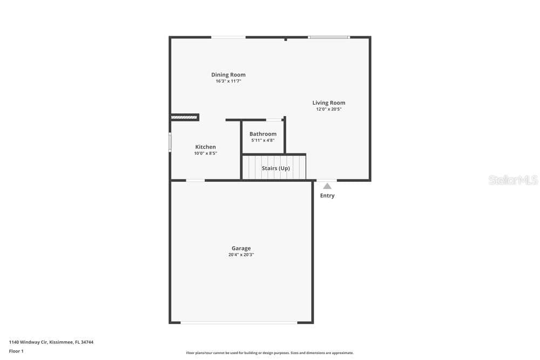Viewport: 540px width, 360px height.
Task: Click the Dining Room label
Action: [228, 74]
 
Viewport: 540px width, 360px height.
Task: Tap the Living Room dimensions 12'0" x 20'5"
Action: [329, 109]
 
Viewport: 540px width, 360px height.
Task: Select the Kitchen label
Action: [206, 147]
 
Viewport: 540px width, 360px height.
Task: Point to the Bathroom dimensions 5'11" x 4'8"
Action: [263, 140]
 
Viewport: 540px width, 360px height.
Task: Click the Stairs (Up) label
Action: [276, 168]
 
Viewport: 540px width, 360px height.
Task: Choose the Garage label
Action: [241, 248]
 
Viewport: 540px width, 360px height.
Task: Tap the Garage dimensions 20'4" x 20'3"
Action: [241, 255]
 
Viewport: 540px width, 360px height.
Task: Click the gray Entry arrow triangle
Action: [327, 186]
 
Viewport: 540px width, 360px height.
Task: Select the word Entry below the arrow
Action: [327, 195]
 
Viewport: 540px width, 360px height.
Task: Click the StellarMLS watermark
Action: [513, 180]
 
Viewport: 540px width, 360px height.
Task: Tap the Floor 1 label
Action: [16, 351]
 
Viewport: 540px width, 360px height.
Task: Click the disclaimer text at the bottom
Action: [269, 353]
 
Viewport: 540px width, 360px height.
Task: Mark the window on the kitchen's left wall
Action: [170, 142]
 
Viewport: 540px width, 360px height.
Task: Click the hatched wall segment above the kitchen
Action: [184, 117]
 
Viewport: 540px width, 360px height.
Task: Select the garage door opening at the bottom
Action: [239, 323]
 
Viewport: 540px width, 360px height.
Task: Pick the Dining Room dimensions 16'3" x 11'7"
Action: [228, 81]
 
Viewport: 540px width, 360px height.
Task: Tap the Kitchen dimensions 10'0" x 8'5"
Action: [206, 153]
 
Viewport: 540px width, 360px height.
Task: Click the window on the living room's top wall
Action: [329, 37]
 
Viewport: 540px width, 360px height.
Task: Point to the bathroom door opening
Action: [274, 120]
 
